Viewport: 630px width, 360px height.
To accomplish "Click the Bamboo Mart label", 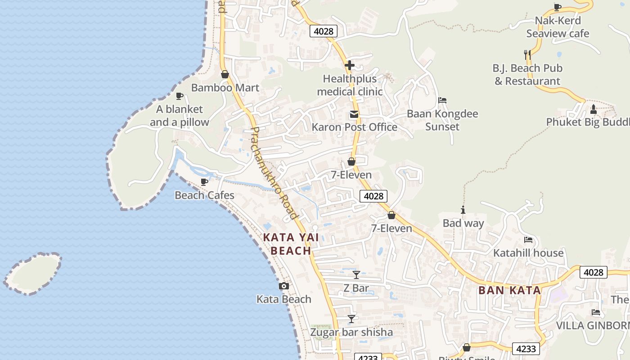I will point(225,88).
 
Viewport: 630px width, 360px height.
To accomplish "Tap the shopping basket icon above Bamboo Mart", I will point(225,74).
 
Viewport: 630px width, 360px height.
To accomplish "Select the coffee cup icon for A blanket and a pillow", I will point(180,96).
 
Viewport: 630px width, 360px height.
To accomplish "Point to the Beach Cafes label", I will point(204,195).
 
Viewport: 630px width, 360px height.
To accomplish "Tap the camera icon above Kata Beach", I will point(284,286).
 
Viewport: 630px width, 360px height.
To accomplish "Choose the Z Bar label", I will point(356,288).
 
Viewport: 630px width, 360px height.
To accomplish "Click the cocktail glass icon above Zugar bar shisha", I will point(351,319).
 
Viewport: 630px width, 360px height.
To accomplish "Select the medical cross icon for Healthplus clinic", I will point(350,65).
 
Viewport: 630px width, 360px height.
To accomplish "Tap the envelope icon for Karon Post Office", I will point(354,114).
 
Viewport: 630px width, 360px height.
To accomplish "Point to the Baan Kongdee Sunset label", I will point(442,120).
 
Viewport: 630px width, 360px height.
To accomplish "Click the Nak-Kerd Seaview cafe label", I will point(558,27).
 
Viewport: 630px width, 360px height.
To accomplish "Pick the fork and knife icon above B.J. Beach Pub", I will point(528,55).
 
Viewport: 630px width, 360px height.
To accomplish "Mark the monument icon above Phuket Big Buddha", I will point(593,109).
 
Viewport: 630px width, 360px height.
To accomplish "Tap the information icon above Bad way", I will point(463,210).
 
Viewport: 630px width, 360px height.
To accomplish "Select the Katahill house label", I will point(528,253).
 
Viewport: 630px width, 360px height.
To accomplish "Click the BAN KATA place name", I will point(510,290).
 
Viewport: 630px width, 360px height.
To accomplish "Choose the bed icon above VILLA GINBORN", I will point(596,312).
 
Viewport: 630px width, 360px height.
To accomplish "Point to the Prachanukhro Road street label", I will point(274,173).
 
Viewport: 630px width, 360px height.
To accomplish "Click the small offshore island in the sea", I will point(32,274).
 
